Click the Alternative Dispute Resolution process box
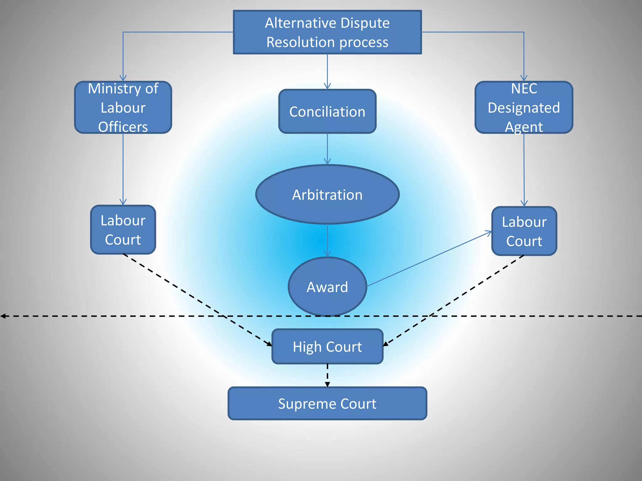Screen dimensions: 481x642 pos(327,32)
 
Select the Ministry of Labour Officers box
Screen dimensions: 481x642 pos(123,107)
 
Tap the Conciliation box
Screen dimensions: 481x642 pos(327,111)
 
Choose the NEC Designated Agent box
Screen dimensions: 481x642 pos(524,107)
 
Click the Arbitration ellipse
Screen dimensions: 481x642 pos(327,194)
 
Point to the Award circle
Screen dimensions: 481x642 pos(327,287)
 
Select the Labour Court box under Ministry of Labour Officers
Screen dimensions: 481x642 pos(123,230)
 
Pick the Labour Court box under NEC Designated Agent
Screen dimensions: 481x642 pos(524,231)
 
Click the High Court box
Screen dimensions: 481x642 pos(327,347)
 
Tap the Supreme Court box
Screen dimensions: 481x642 pos(327,404)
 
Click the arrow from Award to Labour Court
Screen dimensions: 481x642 pos(429,259)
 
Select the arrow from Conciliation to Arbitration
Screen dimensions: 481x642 pos(327,149)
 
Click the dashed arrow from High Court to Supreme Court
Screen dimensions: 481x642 pos(327,375)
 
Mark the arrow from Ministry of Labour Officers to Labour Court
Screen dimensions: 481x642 pos(123,169)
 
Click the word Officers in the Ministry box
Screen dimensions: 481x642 pos(123,127)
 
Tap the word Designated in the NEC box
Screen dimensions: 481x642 pos(524,108)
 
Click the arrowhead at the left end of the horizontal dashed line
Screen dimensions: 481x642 pos(3,316)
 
